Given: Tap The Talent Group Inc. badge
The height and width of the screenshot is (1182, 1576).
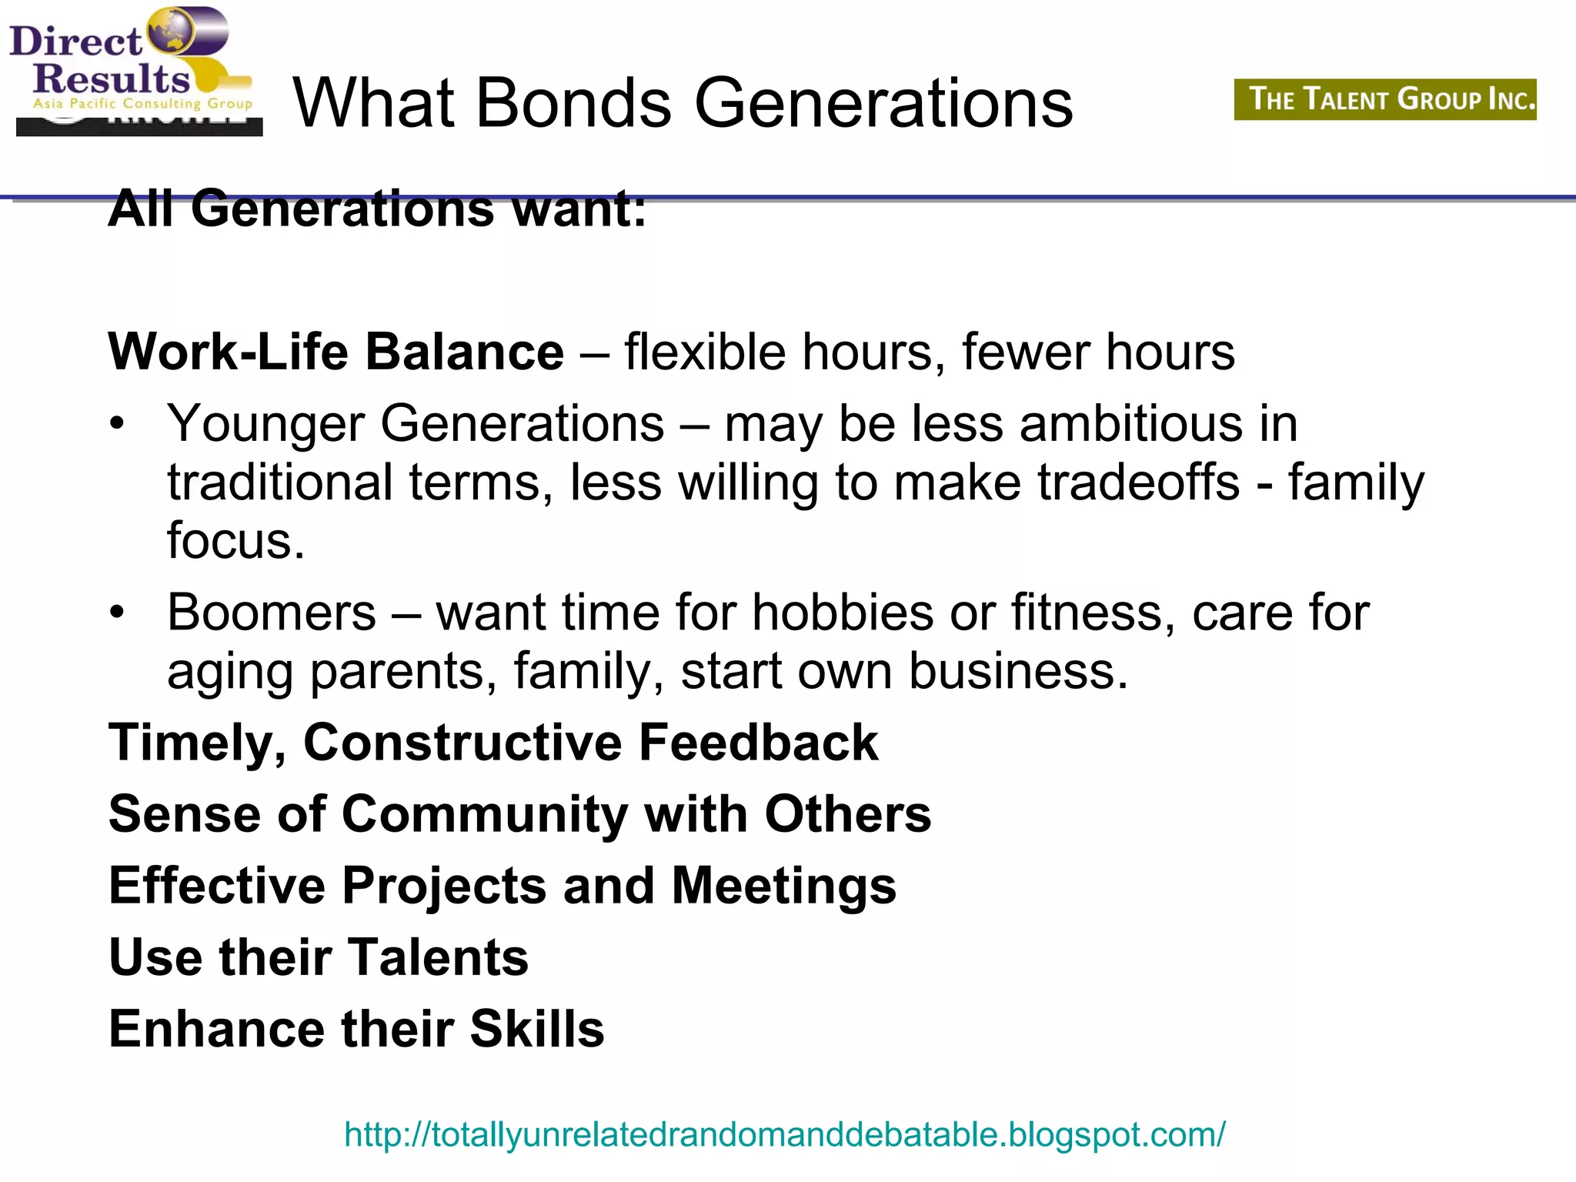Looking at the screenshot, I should coord(1385,99).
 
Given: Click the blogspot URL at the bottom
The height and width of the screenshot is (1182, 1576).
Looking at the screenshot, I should coord(784,1134).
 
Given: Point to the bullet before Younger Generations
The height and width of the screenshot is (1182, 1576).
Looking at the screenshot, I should coord(116,424).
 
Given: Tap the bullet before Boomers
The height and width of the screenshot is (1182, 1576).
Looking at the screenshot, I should coord(116,613).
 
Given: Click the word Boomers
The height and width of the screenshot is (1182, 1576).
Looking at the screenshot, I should coord(272,613).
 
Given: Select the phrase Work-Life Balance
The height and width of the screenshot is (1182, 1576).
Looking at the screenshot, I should coord(336,352).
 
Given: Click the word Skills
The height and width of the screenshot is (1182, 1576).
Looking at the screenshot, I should coord(537,1029).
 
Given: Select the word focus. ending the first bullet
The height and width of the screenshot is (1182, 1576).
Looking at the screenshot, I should coord(235,540).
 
